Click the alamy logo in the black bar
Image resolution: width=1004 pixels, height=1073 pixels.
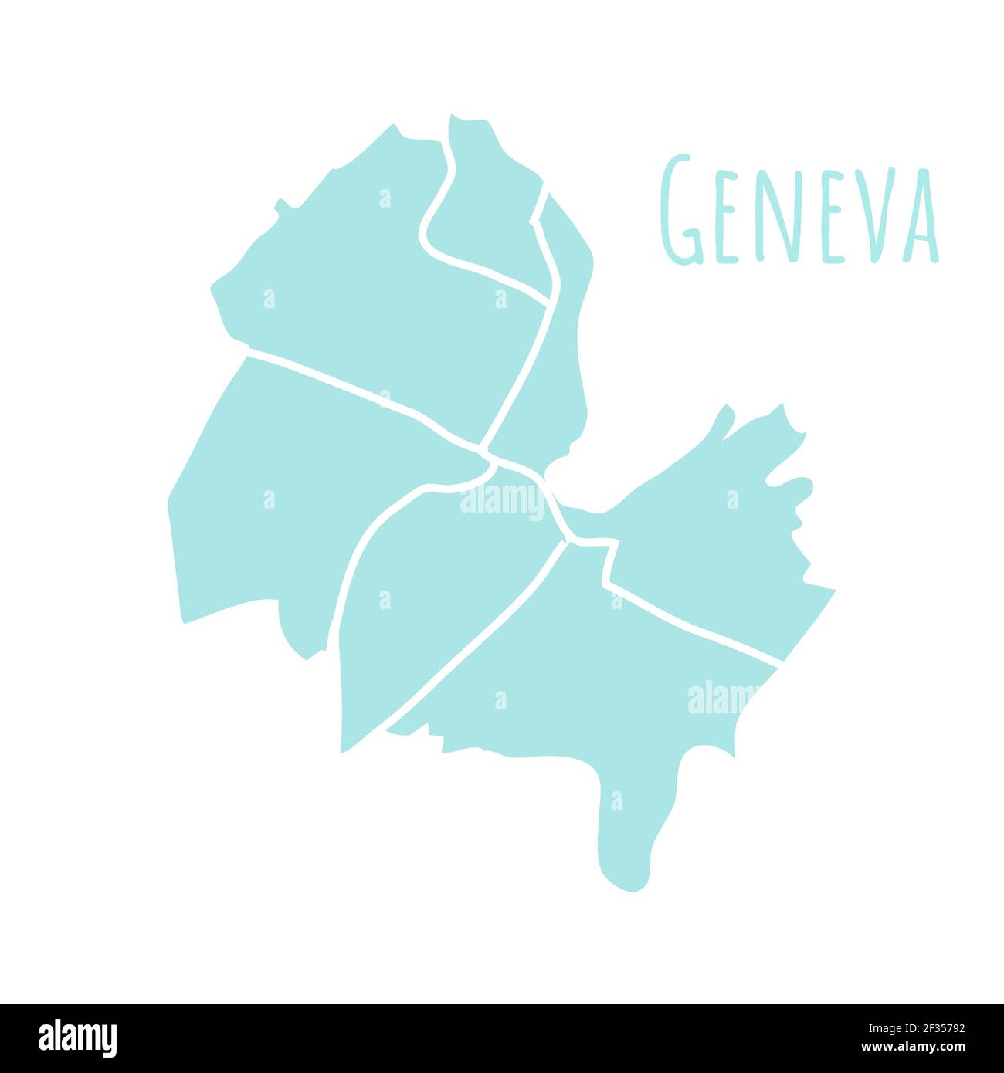[77, 1037]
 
